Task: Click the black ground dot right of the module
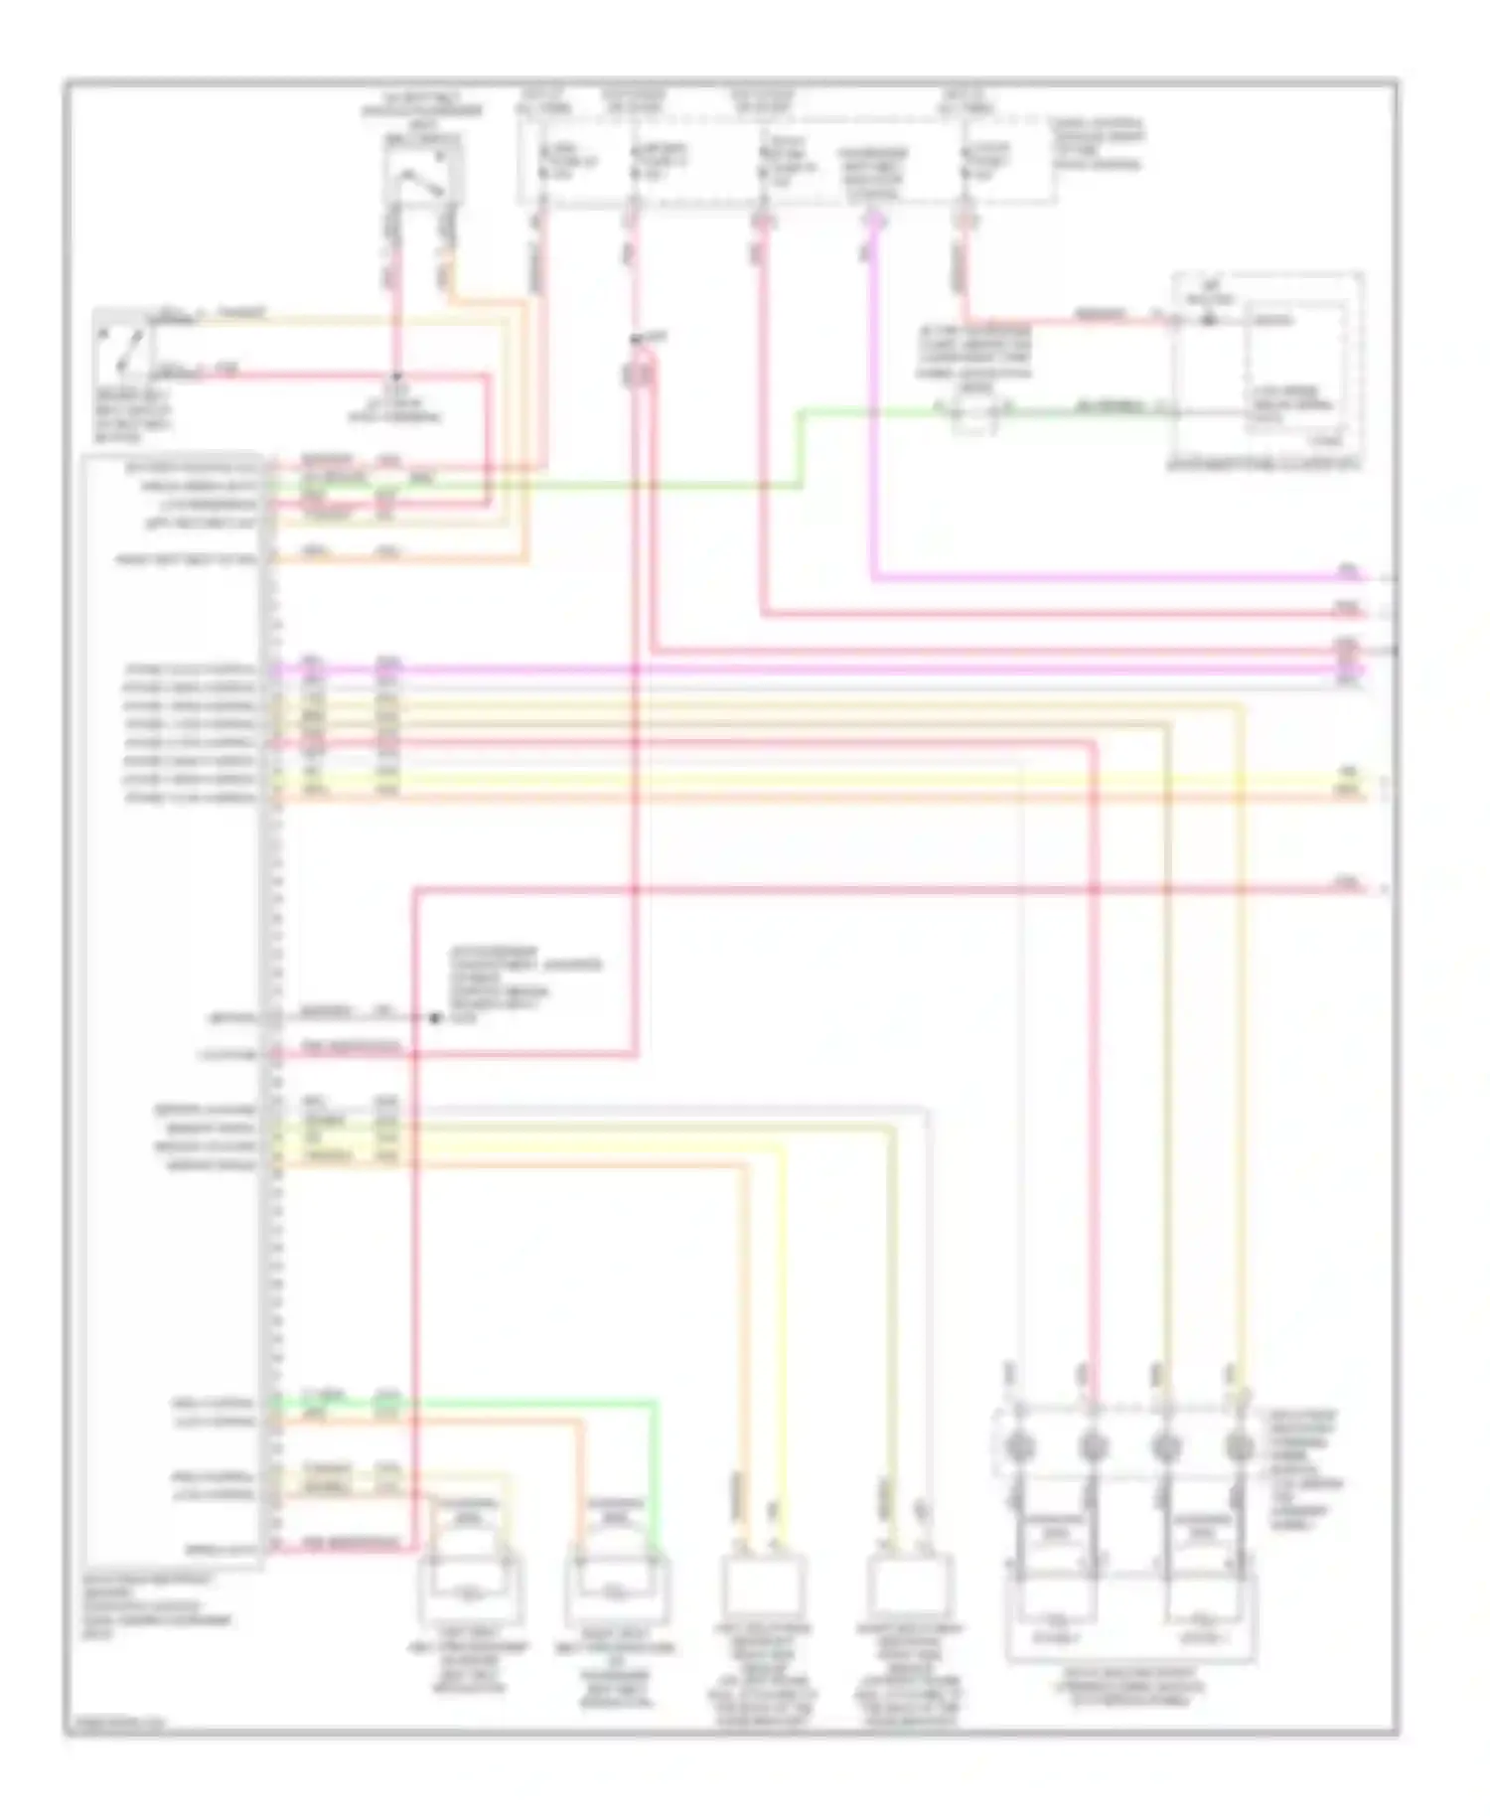click(434, 1017)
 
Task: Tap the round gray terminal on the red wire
click(1092, 1446)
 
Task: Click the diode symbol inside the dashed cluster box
click(1208, 320)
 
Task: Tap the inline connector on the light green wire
click(973, 409)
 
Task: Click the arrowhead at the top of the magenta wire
click(873, 225)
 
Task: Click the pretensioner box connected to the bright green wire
click(617, 1589)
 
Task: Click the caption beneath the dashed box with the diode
click(1263, 463)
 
